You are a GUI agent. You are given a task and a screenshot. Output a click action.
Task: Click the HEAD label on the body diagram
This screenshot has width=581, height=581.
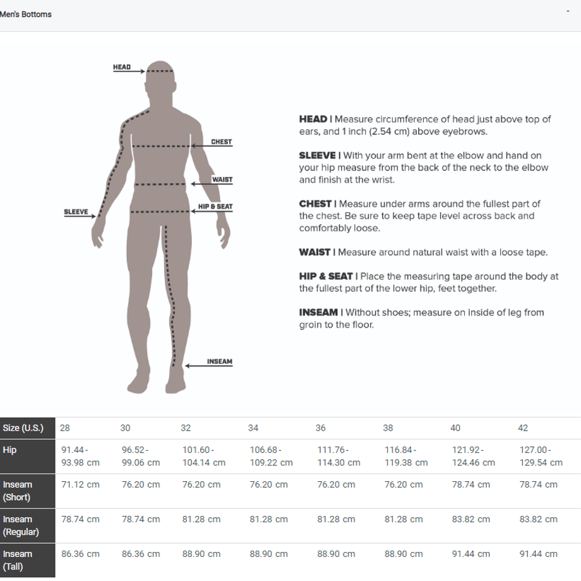(x=122, y=67)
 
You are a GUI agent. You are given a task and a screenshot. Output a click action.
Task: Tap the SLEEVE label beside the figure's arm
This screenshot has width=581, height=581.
(x=76, y=212)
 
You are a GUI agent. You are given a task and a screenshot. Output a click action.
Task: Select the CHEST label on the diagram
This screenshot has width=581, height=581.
(x=221, y=141)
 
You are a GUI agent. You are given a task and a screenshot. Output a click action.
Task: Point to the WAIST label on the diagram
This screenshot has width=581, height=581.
(x=222, y=179)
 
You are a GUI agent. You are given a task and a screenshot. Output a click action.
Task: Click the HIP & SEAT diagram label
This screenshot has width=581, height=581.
(x=215, y=207)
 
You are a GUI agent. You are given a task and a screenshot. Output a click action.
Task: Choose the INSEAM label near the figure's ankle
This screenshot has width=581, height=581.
(x=220, y=361)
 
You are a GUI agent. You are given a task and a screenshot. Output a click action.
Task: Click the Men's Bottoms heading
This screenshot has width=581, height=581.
(x=25, y=15)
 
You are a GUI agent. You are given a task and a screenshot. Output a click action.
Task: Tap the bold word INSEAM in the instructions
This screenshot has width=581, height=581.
(x=318, y=313)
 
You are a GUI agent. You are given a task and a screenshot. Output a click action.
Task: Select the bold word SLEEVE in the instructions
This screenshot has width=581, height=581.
(x=317, y=155)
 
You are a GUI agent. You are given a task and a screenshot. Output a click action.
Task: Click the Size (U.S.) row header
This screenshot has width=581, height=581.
(x=23, y=428)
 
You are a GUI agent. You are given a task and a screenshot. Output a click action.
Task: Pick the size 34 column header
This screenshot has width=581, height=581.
(x=253, y=428)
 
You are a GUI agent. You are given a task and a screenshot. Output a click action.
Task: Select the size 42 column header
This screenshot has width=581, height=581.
(x=523, y=428)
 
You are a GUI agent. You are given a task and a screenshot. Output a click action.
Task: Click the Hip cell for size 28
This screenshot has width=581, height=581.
(x=80, y=456)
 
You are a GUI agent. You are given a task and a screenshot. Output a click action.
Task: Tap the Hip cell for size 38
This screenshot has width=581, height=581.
(x=406, y=456)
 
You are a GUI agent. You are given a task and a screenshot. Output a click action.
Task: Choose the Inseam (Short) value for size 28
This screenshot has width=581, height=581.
(x=80, y=484)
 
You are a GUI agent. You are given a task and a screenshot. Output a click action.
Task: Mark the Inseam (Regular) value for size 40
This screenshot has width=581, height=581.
(x=471, y=519)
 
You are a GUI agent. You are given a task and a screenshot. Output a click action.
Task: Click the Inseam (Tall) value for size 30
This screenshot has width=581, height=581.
(x=141, y=554)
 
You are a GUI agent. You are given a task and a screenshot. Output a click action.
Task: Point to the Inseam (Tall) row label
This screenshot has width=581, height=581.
(x=18, y=560)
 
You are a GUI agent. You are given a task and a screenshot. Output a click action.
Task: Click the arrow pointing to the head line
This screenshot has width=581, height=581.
(x=129, y=71)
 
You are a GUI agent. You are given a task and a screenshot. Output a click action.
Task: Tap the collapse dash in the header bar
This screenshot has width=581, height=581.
(x=568, y=11)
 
